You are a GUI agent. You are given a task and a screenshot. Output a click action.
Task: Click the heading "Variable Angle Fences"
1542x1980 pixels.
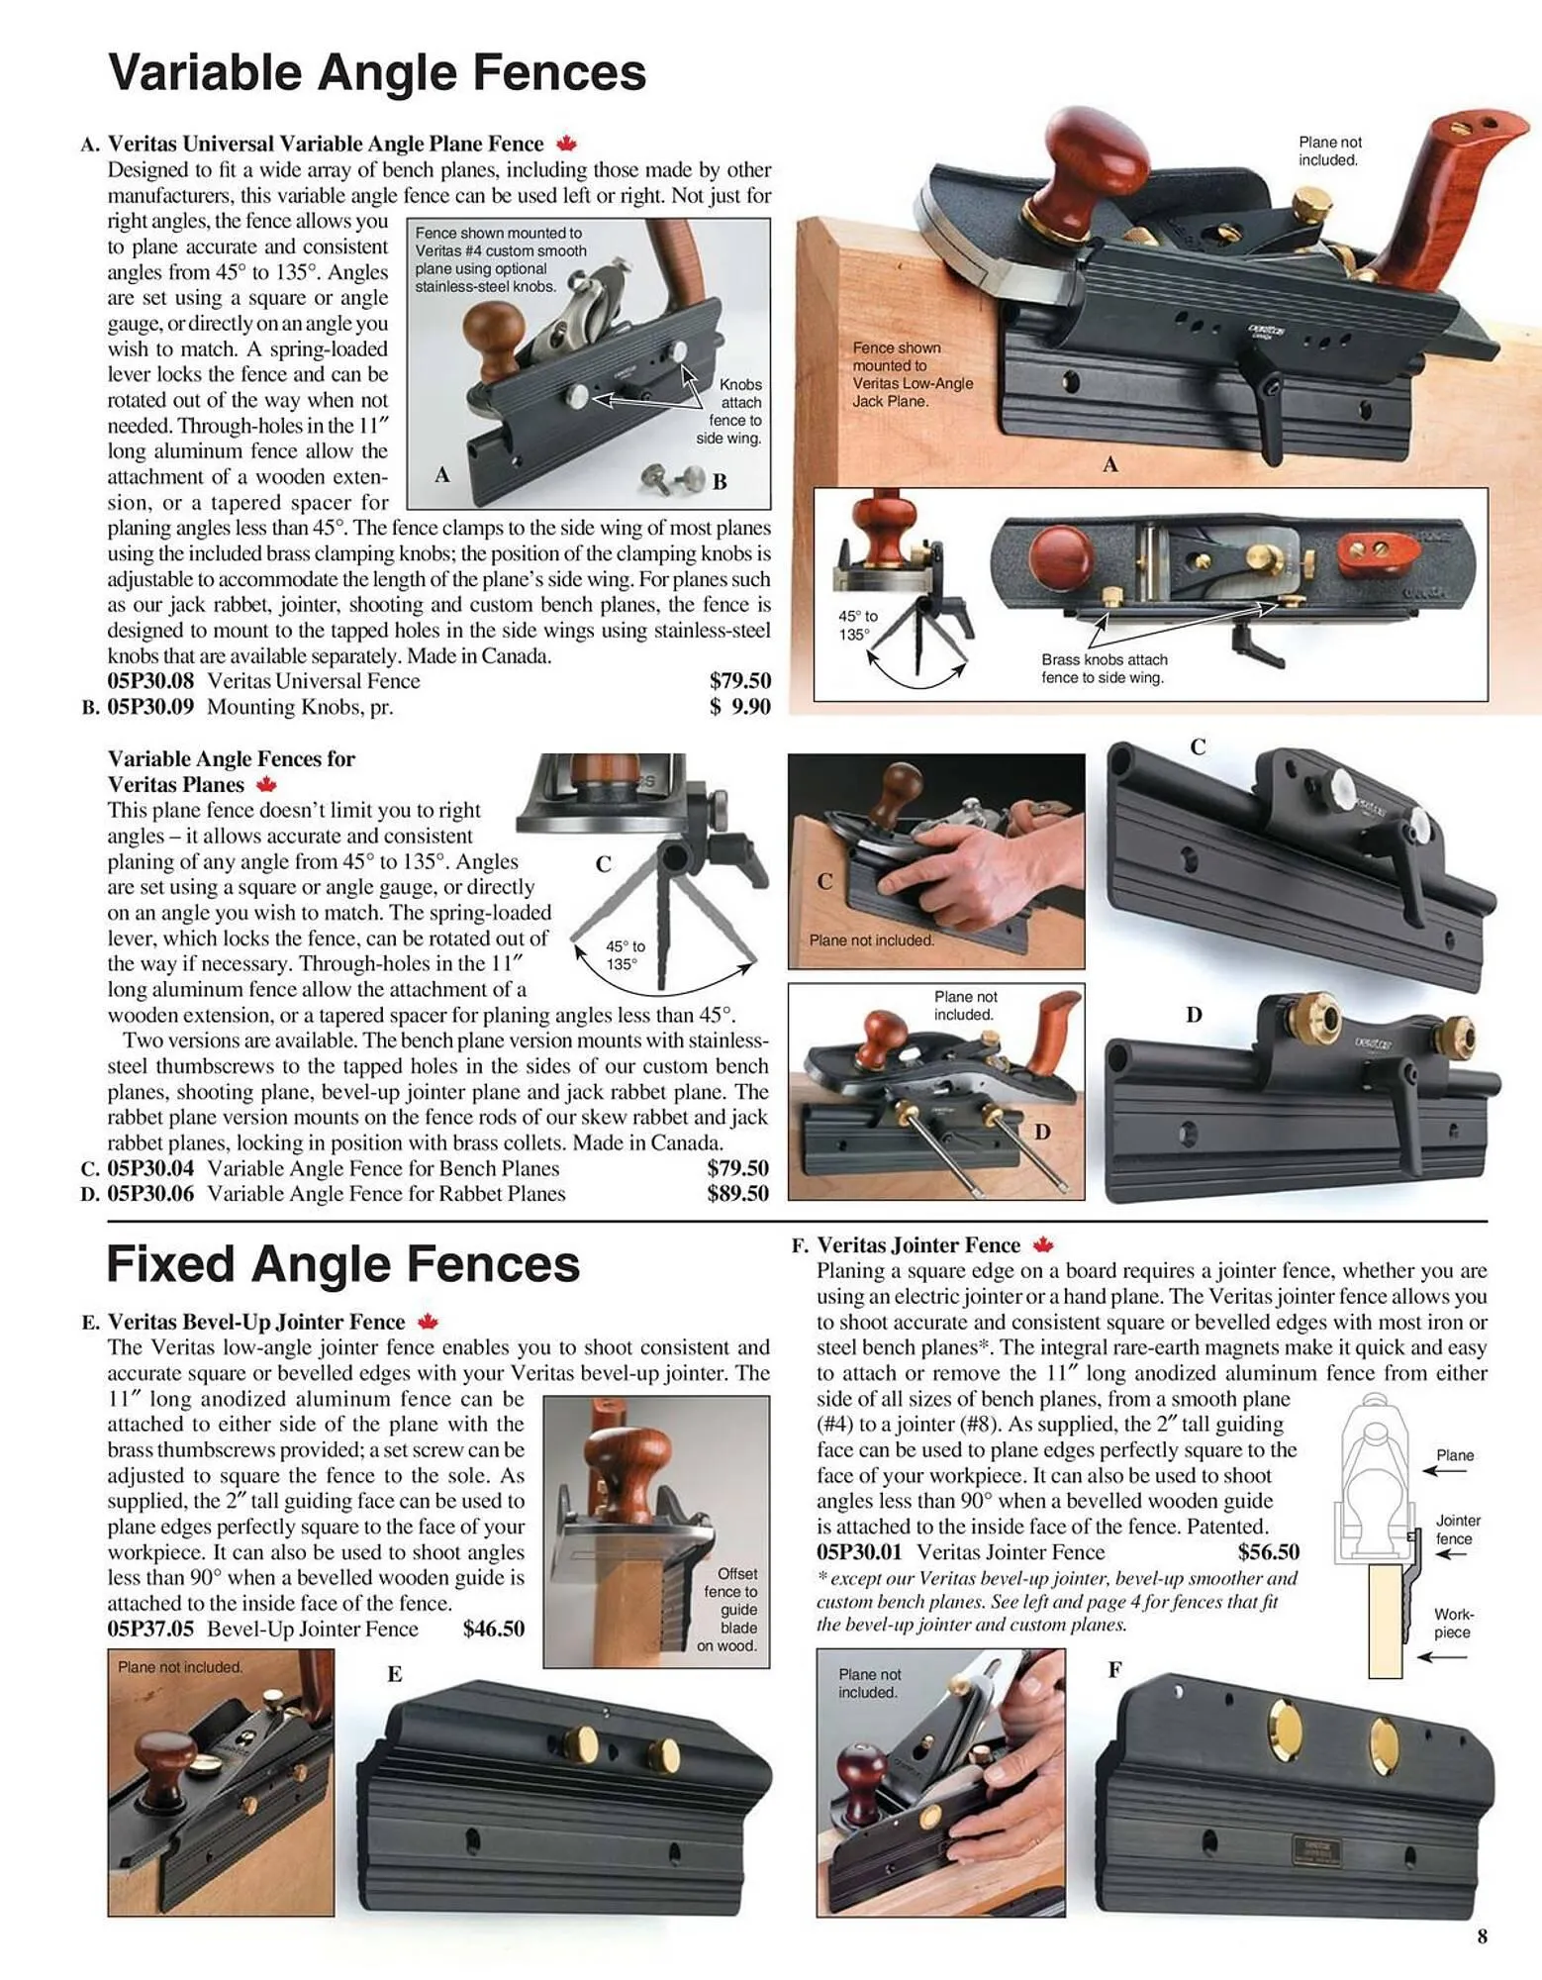pyautogui.click(x=376, y=72)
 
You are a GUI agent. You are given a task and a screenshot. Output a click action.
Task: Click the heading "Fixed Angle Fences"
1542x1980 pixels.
pyautogui.click(x=342, y=1264)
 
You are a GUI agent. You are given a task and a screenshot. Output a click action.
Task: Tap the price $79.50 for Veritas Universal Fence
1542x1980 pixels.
pyautogui.click(x=739, y=681)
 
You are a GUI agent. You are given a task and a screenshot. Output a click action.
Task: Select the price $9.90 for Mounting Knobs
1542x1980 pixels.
pyautogui.click(x=739, y=707)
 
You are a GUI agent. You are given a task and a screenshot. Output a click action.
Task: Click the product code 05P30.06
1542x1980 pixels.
pyautogui.click(x=150, y=1194)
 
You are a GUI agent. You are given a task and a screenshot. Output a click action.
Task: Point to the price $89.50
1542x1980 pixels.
pyautogui.click(x=737, y=1194)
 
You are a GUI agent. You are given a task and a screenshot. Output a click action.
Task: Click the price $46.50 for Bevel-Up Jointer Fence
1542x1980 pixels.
pyautogui.click(x=493, y=1630)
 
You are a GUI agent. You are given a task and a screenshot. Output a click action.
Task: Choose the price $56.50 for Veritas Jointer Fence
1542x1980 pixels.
pyautogui.click(x=1268, y=1552)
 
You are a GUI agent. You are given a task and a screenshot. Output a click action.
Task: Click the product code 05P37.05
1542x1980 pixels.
pyautogui.click(x=150, y=1630)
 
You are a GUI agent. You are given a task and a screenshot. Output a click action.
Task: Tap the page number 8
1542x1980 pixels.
pyautogui.click(x=1482, y=1936)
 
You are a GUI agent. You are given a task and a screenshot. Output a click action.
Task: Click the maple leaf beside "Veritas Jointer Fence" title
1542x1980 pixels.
pyautogui.click(x=1043, y=1245)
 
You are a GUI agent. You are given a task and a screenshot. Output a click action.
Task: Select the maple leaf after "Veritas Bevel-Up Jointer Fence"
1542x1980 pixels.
pyautogui.click(x=428, y=1322)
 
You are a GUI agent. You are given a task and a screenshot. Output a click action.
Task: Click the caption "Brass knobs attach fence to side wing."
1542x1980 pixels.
pyautogui.click(x=1104, y=668)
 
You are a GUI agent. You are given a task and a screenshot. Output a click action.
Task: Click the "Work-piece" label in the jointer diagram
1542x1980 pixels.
pyautogui.click(x=1452, y=1624)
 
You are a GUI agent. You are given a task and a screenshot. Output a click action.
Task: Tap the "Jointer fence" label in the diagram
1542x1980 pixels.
pyautogui.click(x=1458, y=1530)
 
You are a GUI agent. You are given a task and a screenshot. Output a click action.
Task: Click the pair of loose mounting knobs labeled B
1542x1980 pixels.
pyautogui.click(x=669, y=477)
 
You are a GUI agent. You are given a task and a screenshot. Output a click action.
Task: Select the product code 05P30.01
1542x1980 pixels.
pyautogui.click(x=859, y=1552)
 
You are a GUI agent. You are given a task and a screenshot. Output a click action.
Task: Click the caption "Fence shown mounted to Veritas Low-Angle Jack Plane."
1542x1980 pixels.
pyautogui.click(x=913, y=374)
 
